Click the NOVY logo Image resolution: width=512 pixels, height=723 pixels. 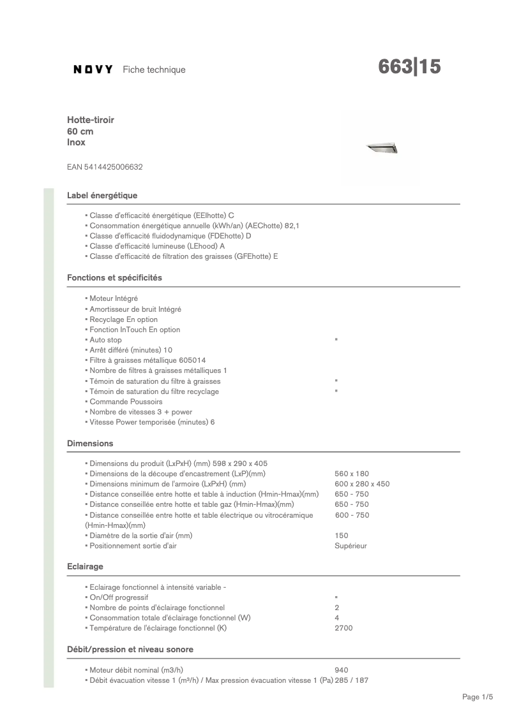click(93, 69)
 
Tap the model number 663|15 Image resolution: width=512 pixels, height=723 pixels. click(409, 68)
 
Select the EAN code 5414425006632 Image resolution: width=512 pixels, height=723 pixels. click(105, 167)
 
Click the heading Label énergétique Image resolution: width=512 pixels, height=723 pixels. click(102, 195)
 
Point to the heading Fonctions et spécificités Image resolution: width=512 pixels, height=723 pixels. click(114, 278)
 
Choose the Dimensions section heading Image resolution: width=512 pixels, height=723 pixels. click(90, 443)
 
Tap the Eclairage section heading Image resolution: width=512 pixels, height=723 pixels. click(85, 566)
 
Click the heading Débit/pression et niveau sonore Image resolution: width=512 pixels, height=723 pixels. click(130, 649)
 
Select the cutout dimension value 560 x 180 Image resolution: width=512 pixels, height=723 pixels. click(352, 474)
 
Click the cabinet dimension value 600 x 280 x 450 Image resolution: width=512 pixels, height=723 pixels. click(362, 484)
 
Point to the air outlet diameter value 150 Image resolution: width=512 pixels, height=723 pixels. click(342, 536)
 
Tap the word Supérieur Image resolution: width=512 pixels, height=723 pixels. click(350, 546)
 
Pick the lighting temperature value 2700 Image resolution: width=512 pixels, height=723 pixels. click(343, 628)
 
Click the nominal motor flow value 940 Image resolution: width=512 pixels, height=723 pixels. click(342, 670)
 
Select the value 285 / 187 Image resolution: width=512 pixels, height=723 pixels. click(352, 680)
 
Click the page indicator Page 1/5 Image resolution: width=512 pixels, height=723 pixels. click(478, 697)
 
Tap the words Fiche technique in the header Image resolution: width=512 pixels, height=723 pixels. click(154, 69)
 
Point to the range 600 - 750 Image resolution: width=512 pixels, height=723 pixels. click(352, 515)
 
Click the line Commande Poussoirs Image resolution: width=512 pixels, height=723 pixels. click(126, 402)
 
